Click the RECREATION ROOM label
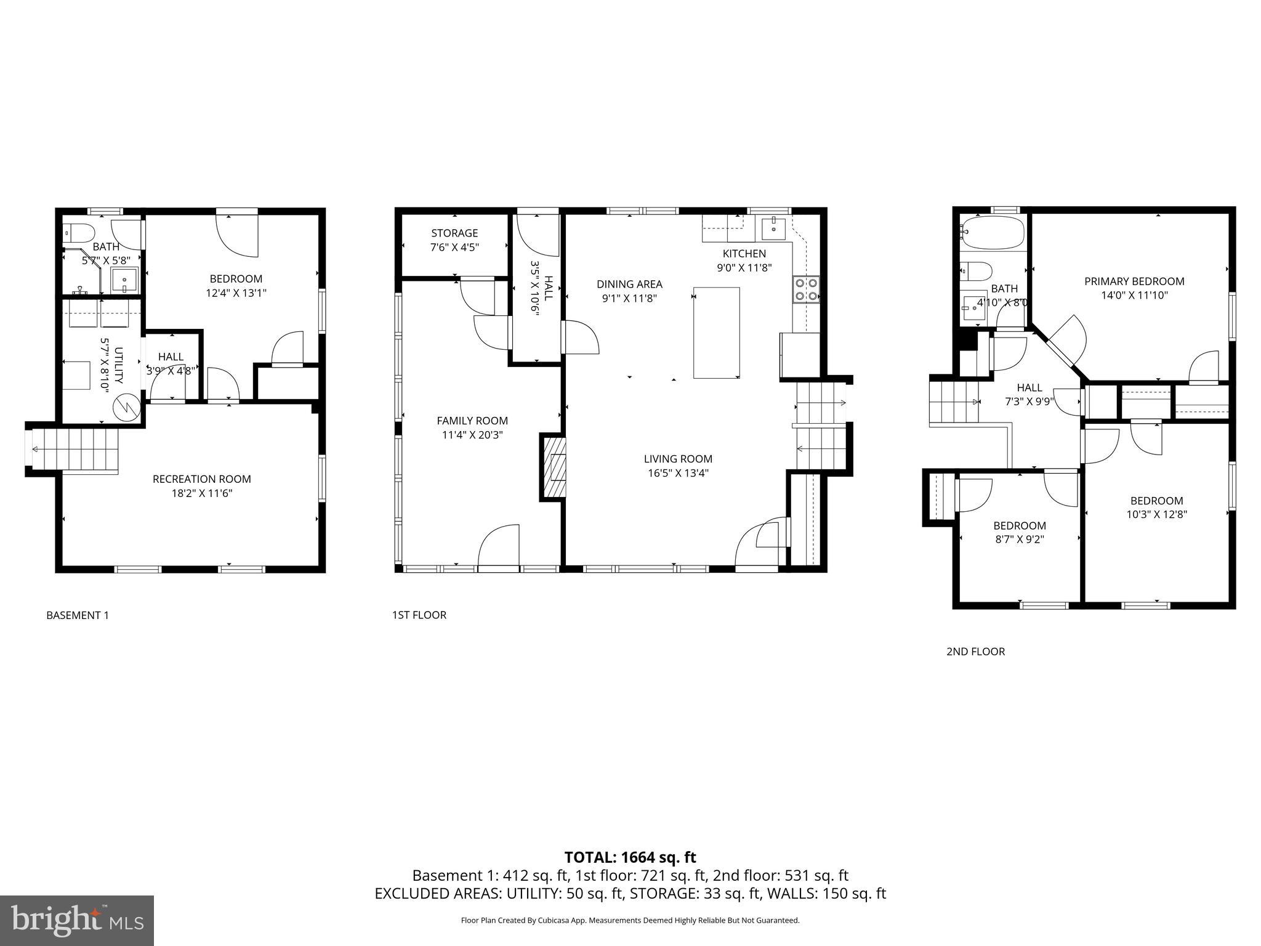coord(201,479)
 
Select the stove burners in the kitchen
coord(806,289)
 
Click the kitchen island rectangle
coord(716,333)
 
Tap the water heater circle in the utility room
coord(127,406)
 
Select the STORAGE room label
coord(454,233)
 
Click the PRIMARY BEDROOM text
coord(1134,281)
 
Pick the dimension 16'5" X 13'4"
coord(678,473)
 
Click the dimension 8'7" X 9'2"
coord(1019,540)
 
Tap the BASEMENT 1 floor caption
coord(78,615)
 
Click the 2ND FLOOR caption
coord(975,652)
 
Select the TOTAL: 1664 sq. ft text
coord(630,857)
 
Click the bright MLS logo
coord(77,921)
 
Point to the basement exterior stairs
coord(74,450)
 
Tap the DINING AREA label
coord(629,284)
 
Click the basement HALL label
coord(171,357)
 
